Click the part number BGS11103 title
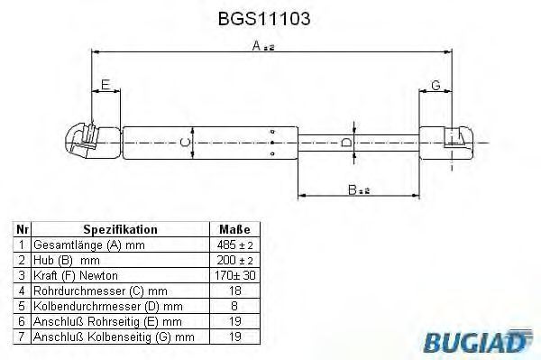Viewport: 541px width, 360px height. point(264,19)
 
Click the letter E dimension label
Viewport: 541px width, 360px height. point(105,85)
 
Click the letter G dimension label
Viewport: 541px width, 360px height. point(436,85)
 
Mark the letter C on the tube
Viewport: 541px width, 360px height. point(186,143)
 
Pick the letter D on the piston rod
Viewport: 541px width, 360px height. point(346,142)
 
